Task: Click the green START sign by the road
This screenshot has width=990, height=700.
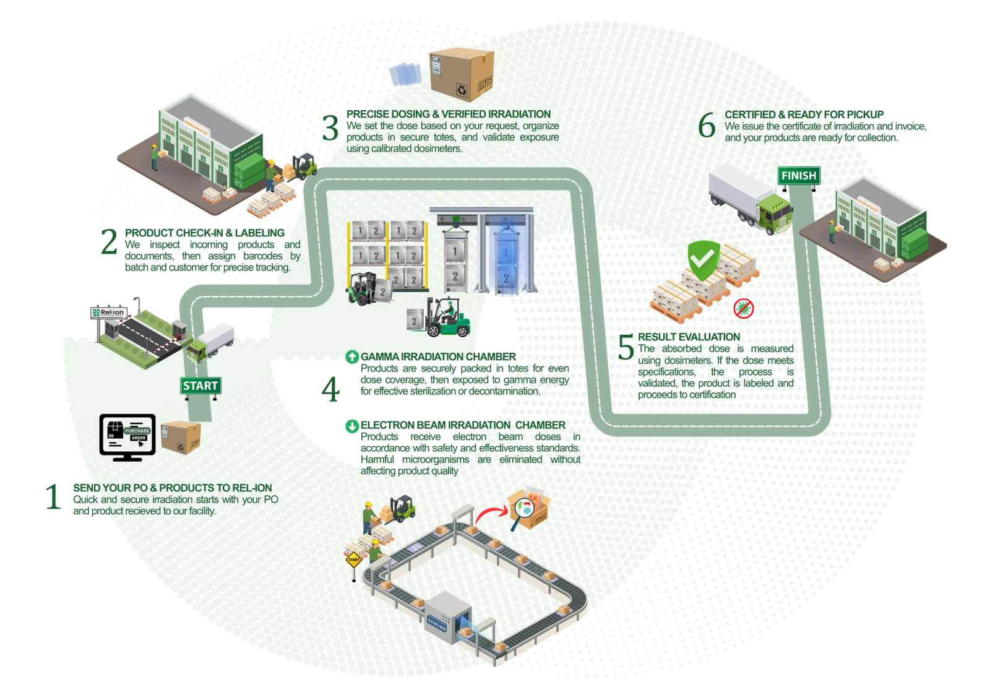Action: (x=200, y=386)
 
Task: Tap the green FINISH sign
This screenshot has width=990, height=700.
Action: (x=798, y=176)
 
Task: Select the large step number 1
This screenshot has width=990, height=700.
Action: (x=53, y=498)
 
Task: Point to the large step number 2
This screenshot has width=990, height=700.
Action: (x=109, y=243)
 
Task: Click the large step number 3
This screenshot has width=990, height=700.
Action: (x=331, y=128)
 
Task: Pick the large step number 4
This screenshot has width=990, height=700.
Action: (x=330, y=390)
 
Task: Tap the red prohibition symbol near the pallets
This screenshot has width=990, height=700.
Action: (x=744, y=308)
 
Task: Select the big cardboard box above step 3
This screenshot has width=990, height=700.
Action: (x=462, y=73)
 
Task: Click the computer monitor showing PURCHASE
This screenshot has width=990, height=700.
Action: (x=127, y=434)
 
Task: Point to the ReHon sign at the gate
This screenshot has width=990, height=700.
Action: (x=109, y=313)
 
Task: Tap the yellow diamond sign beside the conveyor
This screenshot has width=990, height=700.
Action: (x=353, y=560)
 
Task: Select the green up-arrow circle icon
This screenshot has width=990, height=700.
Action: (x=351, y=356)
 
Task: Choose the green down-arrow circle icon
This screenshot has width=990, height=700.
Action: (x=351, y=425)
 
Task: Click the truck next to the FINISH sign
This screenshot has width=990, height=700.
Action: (x=750, y=199)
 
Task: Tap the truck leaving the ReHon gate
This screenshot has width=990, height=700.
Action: (x=211, y=342)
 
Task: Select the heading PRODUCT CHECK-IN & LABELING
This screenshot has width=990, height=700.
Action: (x=205, y=233)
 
